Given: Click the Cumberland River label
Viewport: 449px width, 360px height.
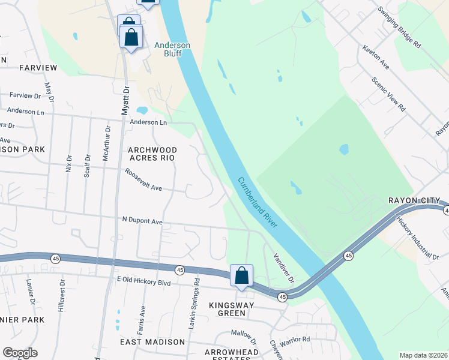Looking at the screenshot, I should pos(257,202).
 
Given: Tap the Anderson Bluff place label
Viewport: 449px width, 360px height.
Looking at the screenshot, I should pos(172,49).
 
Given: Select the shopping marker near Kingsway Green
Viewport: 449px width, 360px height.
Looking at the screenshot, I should pos(241,276).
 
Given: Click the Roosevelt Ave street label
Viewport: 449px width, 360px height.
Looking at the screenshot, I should pos(143,180).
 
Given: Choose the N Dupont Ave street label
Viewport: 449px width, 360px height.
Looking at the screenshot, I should pos(142,221).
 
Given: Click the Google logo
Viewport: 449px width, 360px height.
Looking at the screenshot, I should pos(20,353).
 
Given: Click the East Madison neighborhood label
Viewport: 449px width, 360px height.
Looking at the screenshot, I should pos(152,341).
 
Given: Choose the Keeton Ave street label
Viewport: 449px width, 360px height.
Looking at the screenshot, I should pos(376,56).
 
